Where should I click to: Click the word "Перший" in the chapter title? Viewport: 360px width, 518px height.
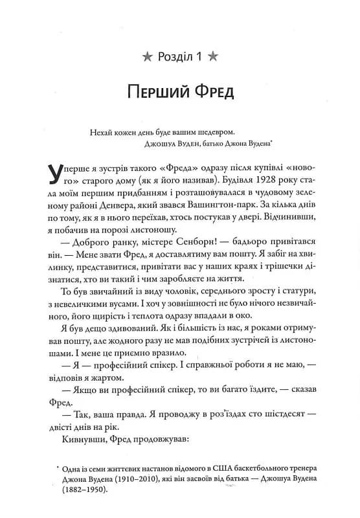145,93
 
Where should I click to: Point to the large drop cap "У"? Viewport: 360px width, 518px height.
58,174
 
